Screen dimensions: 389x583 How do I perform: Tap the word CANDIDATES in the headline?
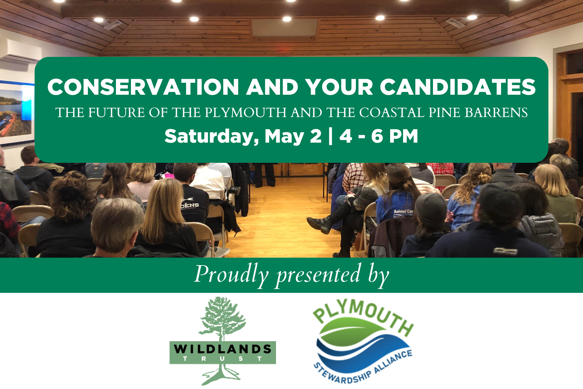point(458,87)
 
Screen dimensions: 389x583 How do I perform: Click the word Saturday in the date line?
point(211,137)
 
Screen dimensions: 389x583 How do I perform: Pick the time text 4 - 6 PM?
point(379,137)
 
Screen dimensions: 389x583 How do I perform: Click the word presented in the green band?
point(318,275)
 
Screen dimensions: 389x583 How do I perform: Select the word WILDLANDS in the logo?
point(222,349)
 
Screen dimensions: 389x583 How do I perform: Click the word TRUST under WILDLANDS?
point(222,359)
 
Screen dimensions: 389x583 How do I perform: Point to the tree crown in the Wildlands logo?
point(222,317)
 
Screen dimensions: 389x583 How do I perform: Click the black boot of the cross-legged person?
point(320,224)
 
